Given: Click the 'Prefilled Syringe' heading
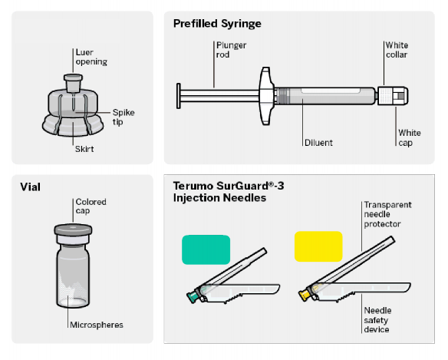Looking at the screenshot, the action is coord(217,24).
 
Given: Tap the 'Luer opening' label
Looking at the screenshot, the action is coord(91,57).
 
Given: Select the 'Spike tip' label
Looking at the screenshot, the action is coord(124,117).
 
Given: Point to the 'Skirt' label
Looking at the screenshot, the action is coord(84,149).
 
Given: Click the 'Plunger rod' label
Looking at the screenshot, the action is coord(231,50).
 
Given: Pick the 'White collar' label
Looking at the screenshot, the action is coord(397,50).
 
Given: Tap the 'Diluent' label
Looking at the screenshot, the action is coord(318,143).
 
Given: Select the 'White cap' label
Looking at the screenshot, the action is coord(410,137).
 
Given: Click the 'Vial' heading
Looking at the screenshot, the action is coord(30,187).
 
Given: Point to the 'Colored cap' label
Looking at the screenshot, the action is coord(91,206).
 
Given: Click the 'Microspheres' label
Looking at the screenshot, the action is coord(97,325).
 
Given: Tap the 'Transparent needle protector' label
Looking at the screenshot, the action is coord(387,214).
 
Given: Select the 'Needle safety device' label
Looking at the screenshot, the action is coord(377,319).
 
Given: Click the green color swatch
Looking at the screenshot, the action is coord(206,249).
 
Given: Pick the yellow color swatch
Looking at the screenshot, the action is coord(318,246).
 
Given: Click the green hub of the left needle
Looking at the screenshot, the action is coord(193,296).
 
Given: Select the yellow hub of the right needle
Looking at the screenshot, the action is coord(305,295).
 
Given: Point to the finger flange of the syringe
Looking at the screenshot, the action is coord(266,96).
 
